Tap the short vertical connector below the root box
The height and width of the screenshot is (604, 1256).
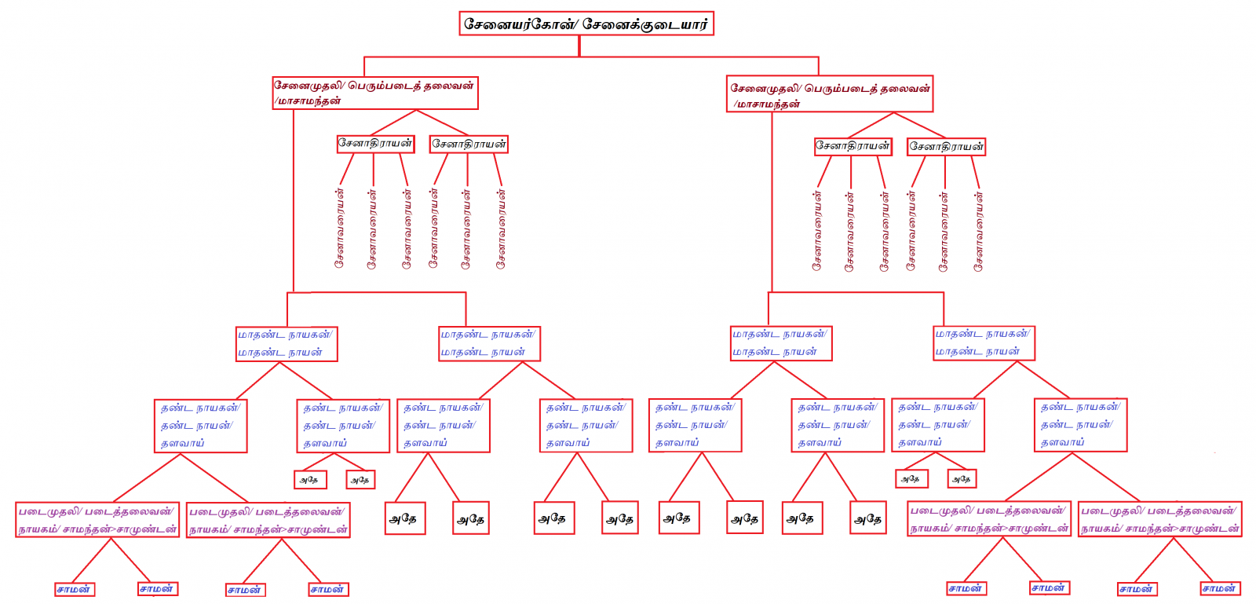[579, 46]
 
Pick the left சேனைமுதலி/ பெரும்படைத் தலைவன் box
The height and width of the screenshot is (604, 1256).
[375, 93]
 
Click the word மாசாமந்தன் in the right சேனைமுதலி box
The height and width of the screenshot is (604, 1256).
[769, 104]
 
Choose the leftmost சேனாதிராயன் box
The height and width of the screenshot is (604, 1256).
[375, 144]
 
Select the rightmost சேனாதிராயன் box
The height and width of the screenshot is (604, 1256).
[946, 147]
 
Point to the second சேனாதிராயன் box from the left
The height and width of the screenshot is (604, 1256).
[469, 145]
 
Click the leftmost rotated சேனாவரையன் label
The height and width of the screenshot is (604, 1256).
[339, 228]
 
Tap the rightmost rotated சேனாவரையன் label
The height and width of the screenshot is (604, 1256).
[978, 231]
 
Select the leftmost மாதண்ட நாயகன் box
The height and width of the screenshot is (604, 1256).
[287, 344]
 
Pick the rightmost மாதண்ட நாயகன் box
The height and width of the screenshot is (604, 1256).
[984, 343]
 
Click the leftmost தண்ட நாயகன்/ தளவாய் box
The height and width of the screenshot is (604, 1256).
[200, 426]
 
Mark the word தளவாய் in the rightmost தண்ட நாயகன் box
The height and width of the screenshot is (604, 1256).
[1062, 443]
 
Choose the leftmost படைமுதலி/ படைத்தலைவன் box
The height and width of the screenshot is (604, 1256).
[97, 520]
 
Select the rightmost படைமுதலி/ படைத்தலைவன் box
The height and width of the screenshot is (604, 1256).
[1159, 520]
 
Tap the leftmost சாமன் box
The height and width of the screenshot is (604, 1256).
[75, 590]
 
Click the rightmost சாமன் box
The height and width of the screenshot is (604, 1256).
[1220, 589]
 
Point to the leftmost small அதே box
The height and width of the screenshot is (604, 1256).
[309, 480]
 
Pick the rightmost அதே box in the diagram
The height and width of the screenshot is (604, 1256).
[961, 479]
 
